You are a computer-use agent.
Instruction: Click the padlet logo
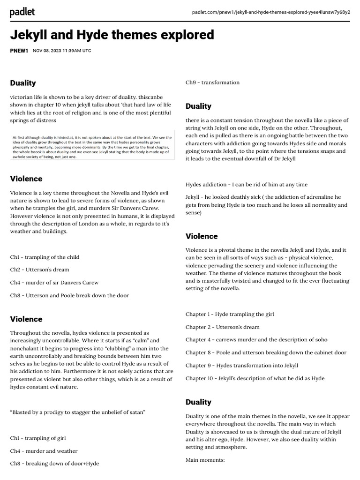[x=22, y=13]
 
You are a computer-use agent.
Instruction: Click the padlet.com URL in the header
[x=271, y=12]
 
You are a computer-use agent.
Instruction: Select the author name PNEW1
[x=19, y=51]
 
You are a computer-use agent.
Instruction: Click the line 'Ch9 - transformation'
[x=212, y=82]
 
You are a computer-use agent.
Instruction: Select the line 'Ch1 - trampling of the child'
[x=45, y=257]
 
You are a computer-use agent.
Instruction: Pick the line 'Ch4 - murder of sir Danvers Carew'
[x=54, y=283]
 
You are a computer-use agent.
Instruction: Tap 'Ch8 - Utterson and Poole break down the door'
[x=69, y=295]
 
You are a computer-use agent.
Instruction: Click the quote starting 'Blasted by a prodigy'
[x=78, y=412]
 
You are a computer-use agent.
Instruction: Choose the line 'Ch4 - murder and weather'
[x=44, y=450]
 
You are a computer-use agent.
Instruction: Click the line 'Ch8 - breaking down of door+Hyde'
[x=54, y=463]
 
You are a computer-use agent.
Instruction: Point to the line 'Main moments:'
[x=205, y=460]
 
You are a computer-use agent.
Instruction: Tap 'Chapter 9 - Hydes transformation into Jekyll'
[x=241, y=365]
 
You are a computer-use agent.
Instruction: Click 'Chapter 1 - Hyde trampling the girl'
[x=230, y=314]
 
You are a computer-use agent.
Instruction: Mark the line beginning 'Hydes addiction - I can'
[x=247, y=185]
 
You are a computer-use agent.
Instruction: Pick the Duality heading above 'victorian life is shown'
[x=23, y=83]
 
